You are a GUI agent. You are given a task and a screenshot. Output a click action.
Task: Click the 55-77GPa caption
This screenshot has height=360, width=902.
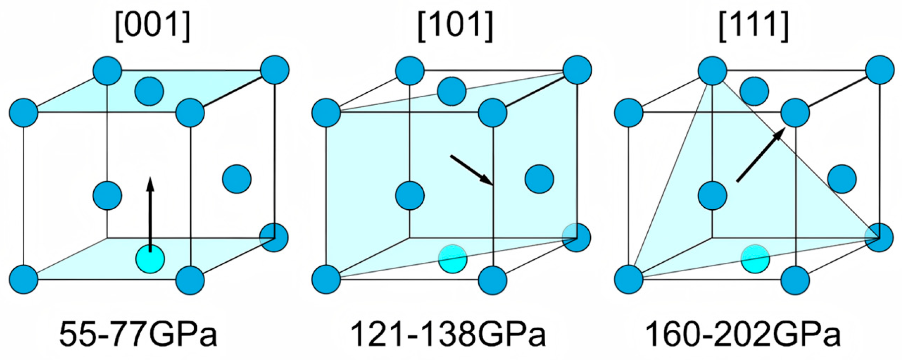coord(138,334)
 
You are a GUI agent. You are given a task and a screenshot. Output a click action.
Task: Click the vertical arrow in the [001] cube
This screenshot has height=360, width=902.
coord(150,213)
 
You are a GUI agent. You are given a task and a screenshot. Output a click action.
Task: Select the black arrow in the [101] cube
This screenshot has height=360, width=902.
coord(471,170)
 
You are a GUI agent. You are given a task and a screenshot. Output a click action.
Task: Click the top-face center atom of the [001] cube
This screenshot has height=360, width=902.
coord(149,91)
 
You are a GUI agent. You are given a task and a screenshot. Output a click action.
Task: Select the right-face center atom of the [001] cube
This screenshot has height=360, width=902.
coord(237,179)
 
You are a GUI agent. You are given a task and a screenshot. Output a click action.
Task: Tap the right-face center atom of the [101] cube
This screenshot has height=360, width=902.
coord(539,179)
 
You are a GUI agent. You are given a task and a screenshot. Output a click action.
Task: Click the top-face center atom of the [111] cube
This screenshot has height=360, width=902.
coord(754,91)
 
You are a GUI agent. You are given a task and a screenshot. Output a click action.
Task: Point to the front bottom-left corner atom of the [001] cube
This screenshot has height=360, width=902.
coord(23,280)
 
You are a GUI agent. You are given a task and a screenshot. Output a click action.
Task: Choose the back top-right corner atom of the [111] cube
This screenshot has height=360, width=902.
coord(880,70)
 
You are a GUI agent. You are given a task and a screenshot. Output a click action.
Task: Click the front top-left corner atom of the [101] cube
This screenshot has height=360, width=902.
coord(326,113)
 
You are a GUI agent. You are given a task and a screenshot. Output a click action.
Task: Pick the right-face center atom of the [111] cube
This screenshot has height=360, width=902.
coord(842,179)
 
